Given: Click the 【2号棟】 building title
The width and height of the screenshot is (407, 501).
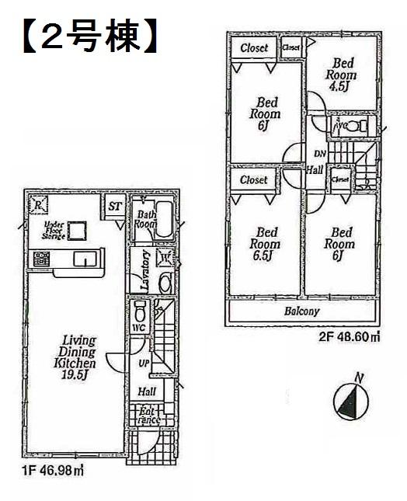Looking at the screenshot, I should click(83, 37).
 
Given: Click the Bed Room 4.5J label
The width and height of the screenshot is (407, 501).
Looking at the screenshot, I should click(343, 75).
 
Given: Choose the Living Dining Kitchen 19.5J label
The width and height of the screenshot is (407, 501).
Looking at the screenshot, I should click(75, 357).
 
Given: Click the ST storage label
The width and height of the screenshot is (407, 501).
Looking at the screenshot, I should click(114, 206).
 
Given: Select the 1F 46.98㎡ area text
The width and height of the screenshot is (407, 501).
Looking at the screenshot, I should click(54, 469).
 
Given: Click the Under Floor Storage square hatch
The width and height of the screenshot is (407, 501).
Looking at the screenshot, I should click(76, 231).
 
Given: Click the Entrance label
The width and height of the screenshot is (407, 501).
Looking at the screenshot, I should click(149, 416).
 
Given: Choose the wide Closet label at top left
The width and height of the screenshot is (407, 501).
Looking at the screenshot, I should click(254, 48).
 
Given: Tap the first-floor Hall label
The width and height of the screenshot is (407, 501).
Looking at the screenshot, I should click(146, 392).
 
